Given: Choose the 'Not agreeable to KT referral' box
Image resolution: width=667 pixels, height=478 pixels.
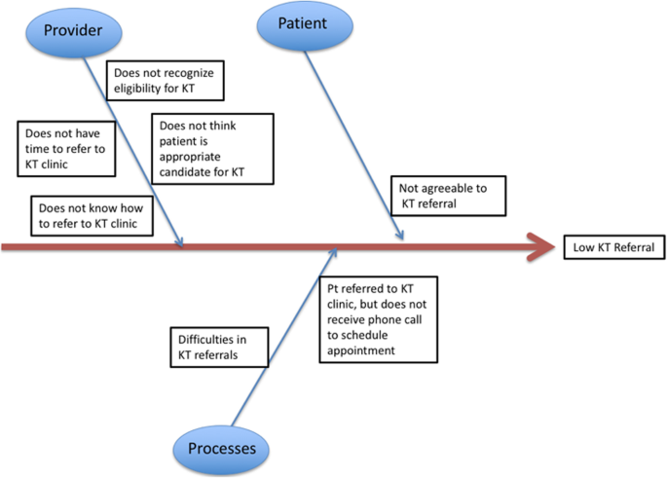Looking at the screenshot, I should pos(447,197).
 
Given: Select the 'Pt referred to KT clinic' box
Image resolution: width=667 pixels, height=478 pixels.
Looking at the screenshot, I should pos(379,319).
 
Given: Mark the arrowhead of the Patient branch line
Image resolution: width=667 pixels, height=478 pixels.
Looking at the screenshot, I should pos(399,235).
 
